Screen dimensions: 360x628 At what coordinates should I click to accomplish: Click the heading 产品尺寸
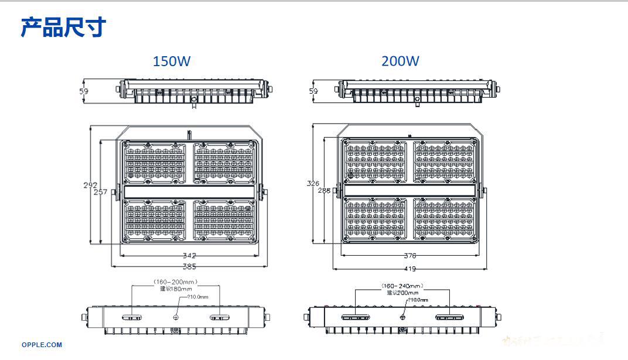click(x=63, y=27)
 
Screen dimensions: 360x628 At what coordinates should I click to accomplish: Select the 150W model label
click(x=171, y=61)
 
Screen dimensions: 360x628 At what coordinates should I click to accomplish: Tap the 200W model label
click(x=400, y=61)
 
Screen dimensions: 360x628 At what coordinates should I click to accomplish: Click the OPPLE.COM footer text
click(x=42, y=345)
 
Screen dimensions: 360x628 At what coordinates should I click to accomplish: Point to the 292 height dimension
click(x=90, y=185)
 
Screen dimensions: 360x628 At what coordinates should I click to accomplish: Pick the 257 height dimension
click(x=100, y=192)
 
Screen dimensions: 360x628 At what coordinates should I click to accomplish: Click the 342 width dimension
click(x=189, y=255)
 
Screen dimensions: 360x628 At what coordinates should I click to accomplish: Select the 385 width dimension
click(x=189, y=267)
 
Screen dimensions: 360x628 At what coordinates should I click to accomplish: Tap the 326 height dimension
click(x=313, y=183)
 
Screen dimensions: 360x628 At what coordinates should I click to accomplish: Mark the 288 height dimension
click(x=325, y=190)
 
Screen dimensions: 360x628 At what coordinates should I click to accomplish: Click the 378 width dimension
click(x=409, y=255)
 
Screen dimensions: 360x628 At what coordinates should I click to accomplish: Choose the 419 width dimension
click(x=409, y=269)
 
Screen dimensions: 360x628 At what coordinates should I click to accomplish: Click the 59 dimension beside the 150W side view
click(x=84, y=91)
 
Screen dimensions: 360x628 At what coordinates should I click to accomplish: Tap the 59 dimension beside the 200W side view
click(x=313, y=91)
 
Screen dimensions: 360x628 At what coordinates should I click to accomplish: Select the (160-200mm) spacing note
click(x=176, y=282)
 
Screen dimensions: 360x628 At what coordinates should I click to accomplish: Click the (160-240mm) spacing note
click(x=401, y=286)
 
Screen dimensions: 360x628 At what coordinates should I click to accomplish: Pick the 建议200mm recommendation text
click(x=402, y=292)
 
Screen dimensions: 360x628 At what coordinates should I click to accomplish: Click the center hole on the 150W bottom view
click(x=176, y=317)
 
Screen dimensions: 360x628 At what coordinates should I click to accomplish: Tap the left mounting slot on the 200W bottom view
click(x=353, y=318)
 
